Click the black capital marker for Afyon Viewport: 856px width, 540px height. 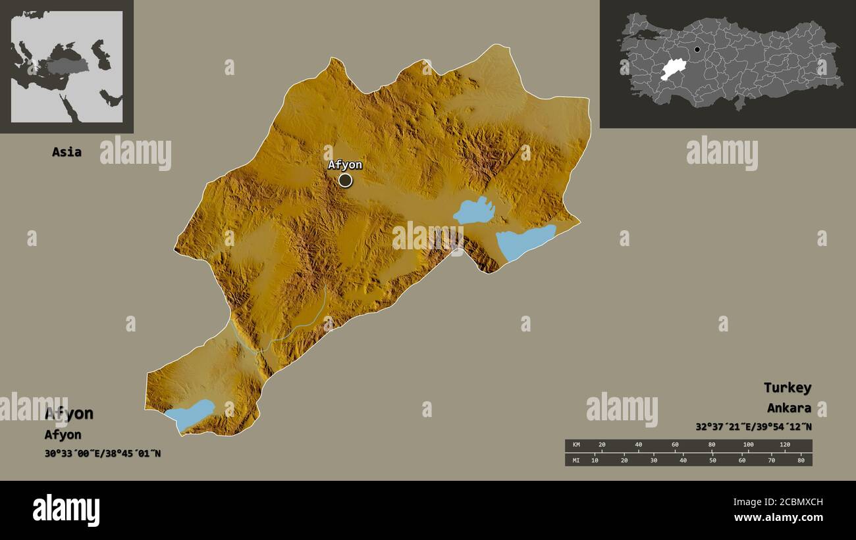345,180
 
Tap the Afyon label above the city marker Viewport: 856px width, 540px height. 345,164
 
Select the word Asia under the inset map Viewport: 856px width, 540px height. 67,152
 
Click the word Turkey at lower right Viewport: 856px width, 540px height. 787,387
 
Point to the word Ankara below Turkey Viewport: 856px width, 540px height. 789,408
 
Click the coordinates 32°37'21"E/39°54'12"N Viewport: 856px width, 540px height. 753,426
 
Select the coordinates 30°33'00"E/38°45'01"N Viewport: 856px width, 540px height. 102,453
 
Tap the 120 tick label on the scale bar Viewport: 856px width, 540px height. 784,445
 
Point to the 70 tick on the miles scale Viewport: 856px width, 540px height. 771,460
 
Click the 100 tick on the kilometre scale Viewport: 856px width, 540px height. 748,445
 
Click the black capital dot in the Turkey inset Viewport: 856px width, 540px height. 697,49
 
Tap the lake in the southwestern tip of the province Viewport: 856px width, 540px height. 190,414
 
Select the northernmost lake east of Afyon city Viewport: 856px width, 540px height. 473,210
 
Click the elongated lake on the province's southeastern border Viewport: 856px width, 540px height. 524,241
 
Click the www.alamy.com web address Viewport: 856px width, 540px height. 778,518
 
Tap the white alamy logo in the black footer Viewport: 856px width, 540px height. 67,510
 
